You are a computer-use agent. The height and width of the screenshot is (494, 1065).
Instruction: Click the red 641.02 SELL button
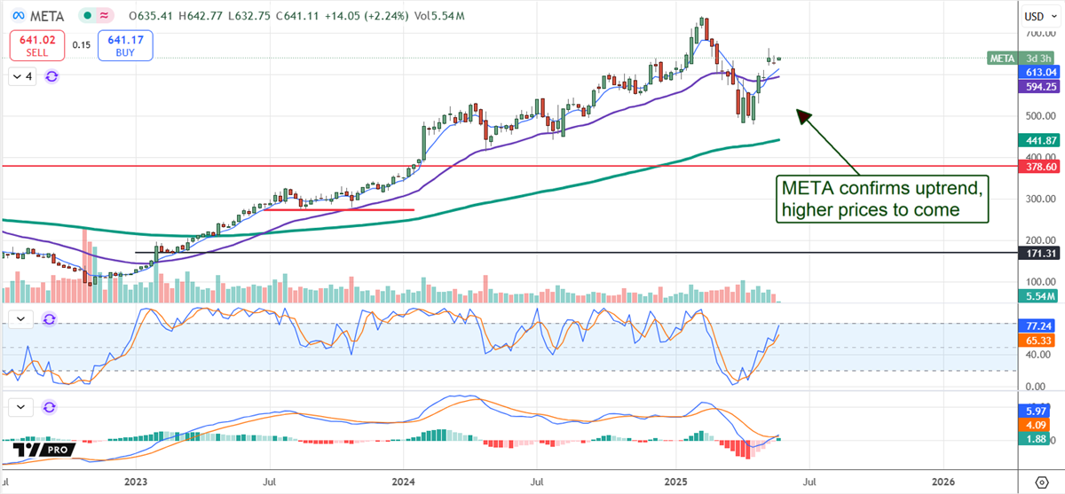coord(36,44)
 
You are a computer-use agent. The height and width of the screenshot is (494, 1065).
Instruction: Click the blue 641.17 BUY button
coord(126,44)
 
